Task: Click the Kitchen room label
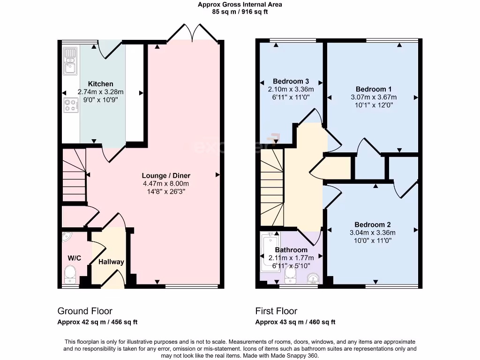point(100,84)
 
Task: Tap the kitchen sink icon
point(70,61)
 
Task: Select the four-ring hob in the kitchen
point(71,105)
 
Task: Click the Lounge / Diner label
point(166,176)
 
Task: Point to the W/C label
point(75,258)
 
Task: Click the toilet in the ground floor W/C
point(70,274)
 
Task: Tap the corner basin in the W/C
point(66,236)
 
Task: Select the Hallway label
point(111,262)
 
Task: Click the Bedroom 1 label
point(374,89)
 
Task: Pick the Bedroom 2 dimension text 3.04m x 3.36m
point(373,232)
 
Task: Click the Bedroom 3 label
point(291,82)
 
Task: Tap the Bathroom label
point(291,250)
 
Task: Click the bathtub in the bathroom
point(270,252)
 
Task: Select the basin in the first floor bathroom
point(313,278)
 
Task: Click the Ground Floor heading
point(85,311)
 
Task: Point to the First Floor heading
point(276,311)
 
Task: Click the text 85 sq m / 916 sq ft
point(240,12)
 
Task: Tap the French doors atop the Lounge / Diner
point(192,32)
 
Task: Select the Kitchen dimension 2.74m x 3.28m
point(100,92)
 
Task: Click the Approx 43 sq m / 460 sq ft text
point(295,322)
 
